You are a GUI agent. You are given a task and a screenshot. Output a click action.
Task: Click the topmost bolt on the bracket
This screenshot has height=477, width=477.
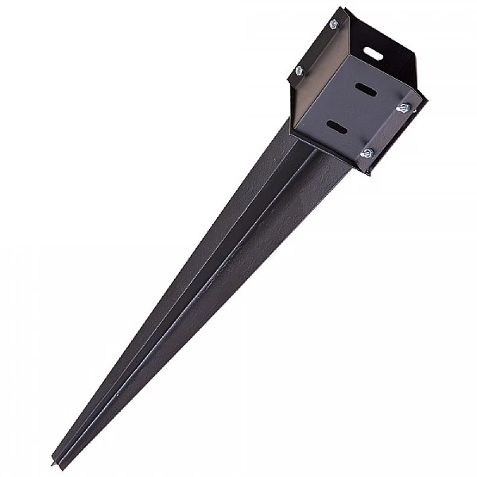tap(333, 25)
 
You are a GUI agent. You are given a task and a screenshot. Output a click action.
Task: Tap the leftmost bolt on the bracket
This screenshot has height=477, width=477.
tap(300, 71)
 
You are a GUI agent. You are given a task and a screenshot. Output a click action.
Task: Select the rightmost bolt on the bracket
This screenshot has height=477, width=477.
tap(403, 107)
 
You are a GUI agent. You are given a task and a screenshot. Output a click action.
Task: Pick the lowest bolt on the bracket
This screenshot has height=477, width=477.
tap(366, 153)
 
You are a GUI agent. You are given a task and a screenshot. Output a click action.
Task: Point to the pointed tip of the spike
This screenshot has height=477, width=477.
tap(55, 463)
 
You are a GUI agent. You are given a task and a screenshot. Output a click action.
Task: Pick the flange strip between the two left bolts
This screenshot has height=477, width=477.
tap(316, 48)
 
